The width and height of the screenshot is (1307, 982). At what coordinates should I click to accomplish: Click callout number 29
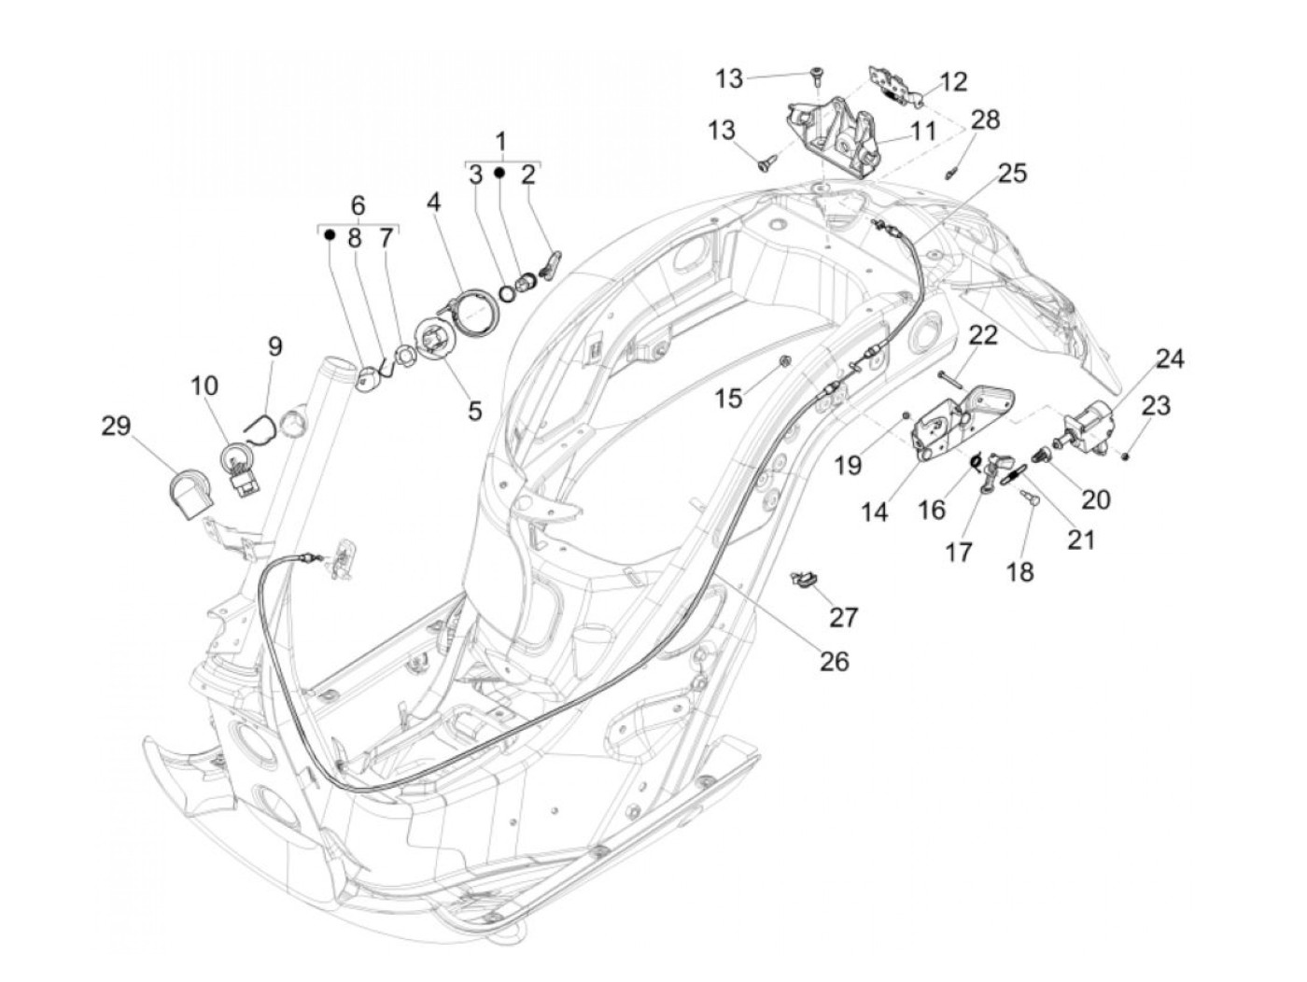[x=116, y=427]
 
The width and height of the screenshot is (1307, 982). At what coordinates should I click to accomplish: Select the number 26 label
[x=834, y=661]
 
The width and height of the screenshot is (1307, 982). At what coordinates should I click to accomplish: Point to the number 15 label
[x=728, y=399]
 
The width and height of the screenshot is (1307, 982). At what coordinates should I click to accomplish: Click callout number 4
[x=433, y=202]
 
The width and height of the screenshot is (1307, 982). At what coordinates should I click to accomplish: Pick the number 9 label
[x=274, y=346]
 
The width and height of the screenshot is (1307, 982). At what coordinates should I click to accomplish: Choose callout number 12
[x=953, y=82]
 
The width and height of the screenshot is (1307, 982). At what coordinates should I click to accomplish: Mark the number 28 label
[x=985, y=119]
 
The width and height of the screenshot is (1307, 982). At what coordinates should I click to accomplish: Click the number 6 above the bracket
[x=358, y=205]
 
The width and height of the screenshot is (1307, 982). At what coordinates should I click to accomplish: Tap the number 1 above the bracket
[x=501, y=142]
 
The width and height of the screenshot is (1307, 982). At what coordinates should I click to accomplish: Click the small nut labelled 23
[x=1127, y=455]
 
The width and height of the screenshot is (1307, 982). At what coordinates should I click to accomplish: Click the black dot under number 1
[x=500, y=174]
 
